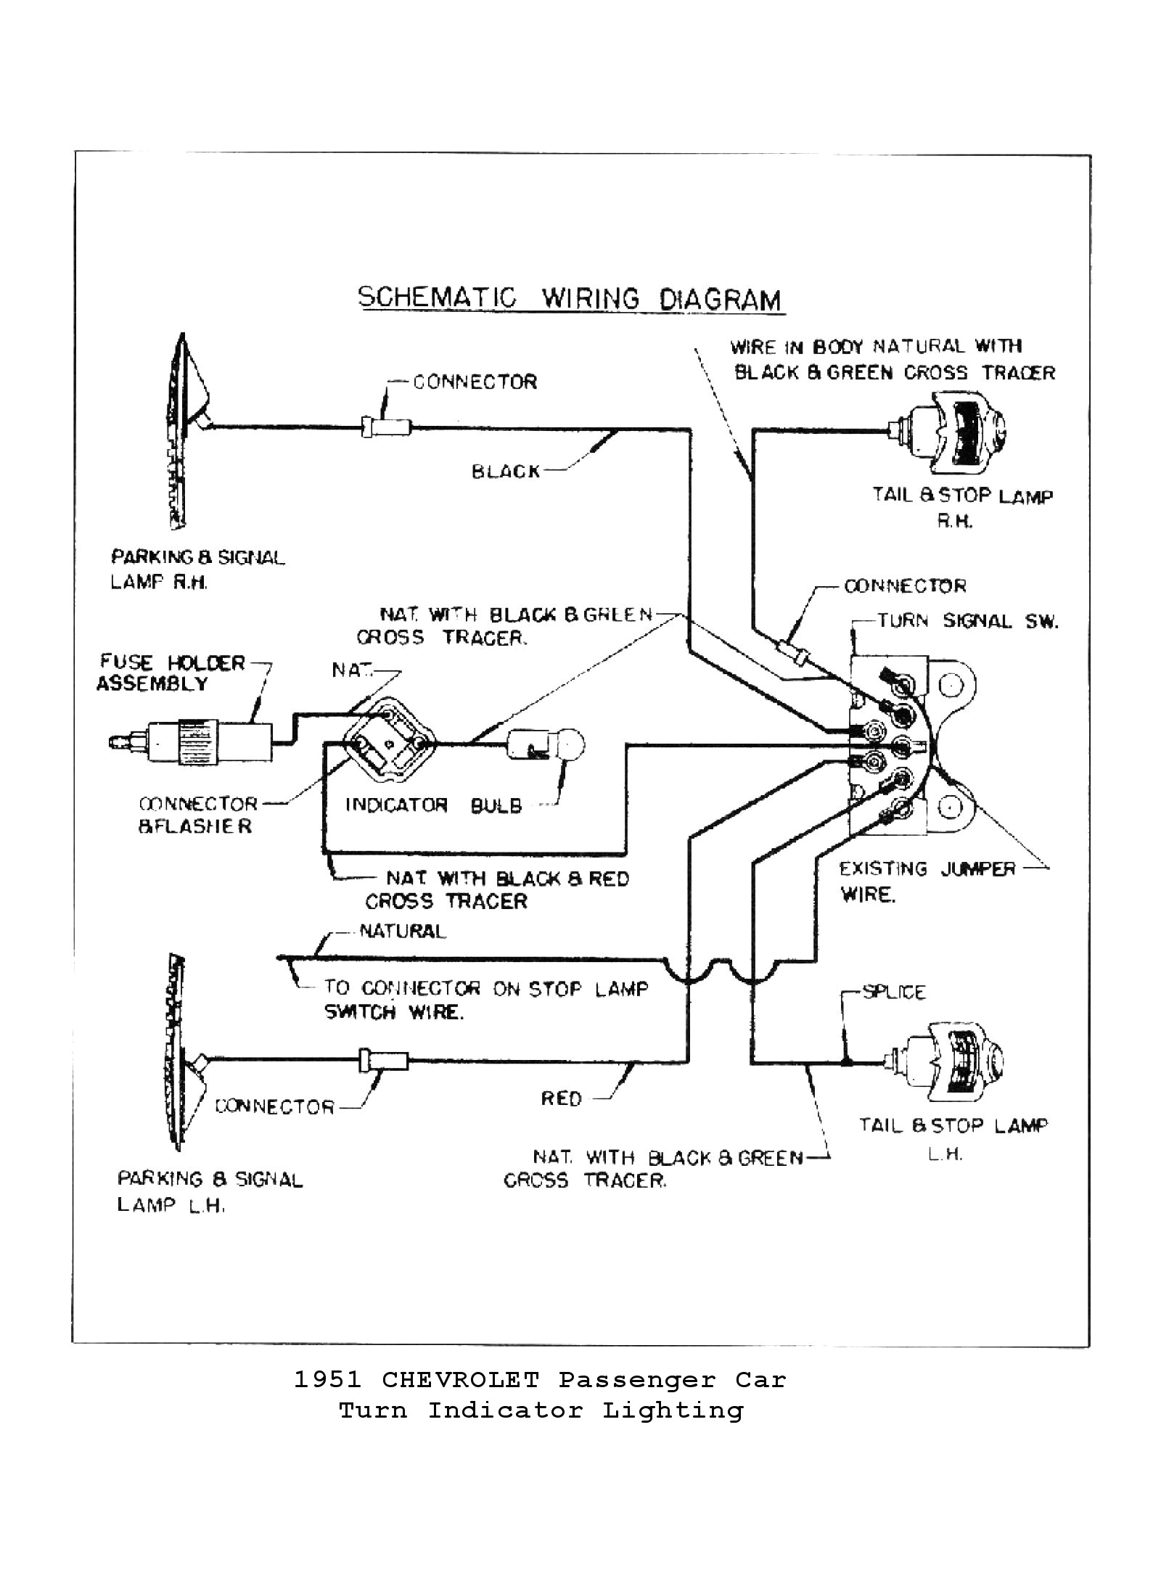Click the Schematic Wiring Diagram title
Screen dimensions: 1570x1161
(571, 299)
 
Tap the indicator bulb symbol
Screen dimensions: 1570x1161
(546, 744)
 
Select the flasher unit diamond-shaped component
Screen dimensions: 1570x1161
(389, 741)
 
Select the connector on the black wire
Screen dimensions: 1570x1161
(387, 427)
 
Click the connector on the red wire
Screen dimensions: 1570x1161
(383, 1061)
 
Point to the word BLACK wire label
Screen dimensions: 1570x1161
(506, 472)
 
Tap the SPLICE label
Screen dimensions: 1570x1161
(893, 992)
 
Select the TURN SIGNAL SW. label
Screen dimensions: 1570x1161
(967, 621)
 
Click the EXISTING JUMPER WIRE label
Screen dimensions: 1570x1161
(927, 881)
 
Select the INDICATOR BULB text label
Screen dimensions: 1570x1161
(433, 805)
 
